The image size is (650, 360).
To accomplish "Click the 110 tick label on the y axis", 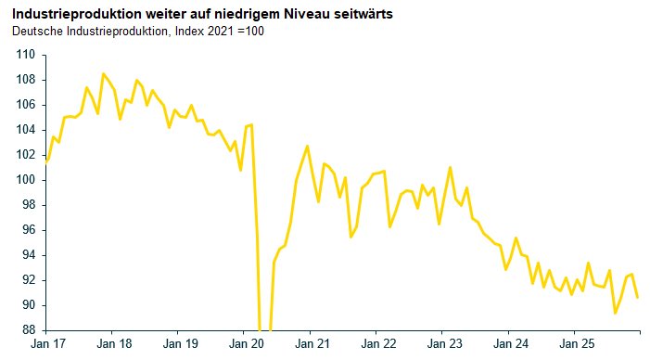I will click(x=24, y=55).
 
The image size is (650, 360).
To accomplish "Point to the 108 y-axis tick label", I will click(x=24, y=80).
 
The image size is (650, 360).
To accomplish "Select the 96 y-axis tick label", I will click(x=27, y=230).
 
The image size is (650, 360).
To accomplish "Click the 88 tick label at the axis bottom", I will click(x=27, y=330).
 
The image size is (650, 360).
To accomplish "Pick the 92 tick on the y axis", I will click(x=27, y=280).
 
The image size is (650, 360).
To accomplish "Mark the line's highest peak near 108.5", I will click(x=103, y=73).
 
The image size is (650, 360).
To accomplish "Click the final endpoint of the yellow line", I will click(x=638, y=297).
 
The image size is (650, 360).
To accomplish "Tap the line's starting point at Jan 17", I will click(x=46, y=161).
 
